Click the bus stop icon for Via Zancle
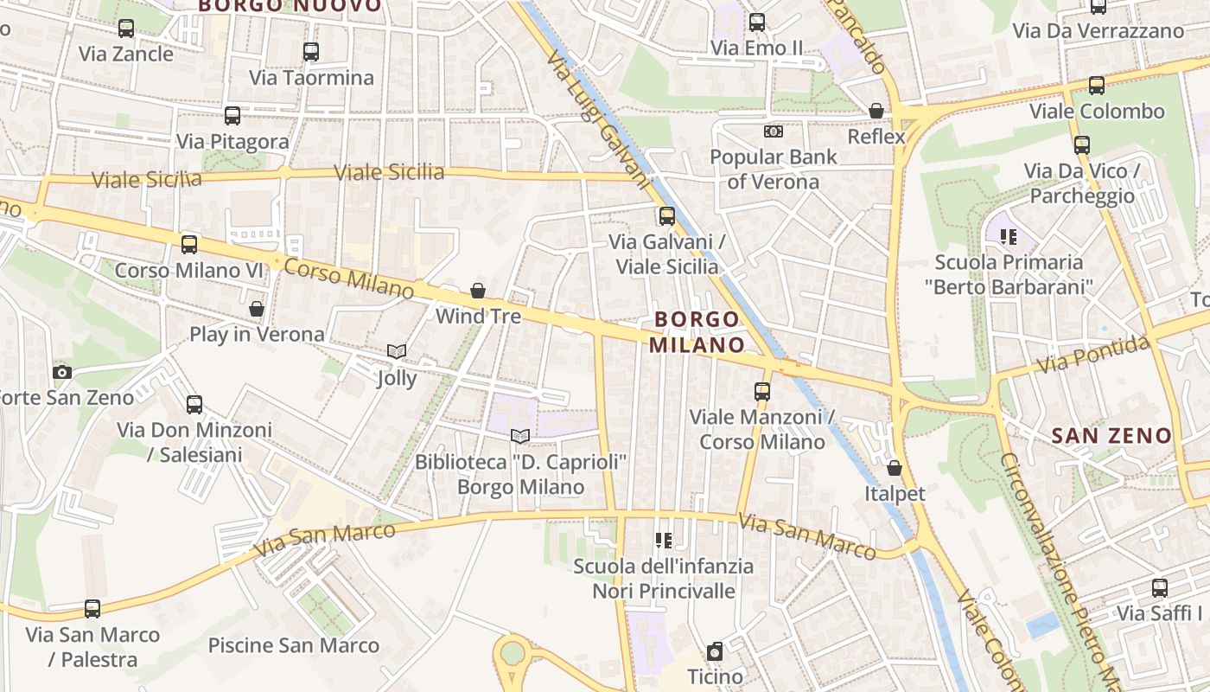pyautogui.click(x=126, y=29)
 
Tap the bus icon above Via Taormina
pyautogui.click(x=311, y=52)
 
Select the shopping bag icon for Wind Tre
pyautogui.click(x=478, y=291)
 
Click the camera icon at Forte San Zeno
pyautogui.click(x=62, y=372)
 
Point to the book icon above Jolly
pyautogui.click(x=397, y=352)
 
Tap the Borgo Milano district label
pyautogui.click(x=697, y=332)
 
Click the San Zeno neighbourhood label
pyautogui.click(x=1111, y=436)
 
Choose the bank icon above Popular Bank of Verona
pyautogui.click(x=773, y=131)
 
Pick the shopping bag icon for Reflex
pyautogui.click(x=876, y=111)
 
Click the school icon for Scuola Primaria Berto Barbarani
pyautogui.click(x=1008, y=236)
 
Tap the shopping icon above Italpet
pyautogui.click(x=895, y=468)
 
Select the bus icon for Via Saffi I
pyautogui.click(x=1160, y=588)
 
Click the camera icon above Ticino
pyautogui.click(x=715, y=651)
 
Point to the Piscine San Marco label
pyautogui.click(x=294, y=645)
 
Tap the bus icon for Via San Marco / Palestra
pyautogui.click(x=92, y=609)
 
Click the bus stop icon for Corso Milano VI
pyautogui.click(x=189, y=245)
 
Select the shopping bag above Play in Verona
pyautogui.click(x=257, y=309)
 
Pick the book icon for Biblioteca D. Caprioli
pyautogui.click(x=519, y=436)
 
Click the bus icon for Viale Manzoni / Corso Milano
pyautogui.click(x=761, y=392)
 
